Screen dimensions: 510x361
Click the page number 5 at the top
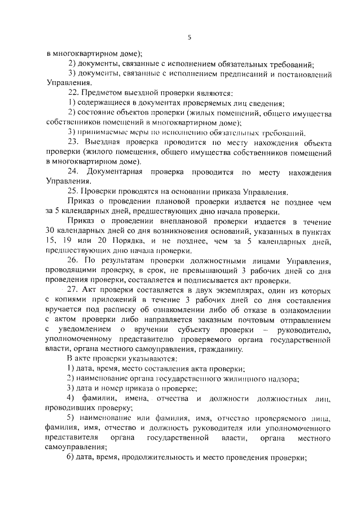[x=190, y=38]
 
